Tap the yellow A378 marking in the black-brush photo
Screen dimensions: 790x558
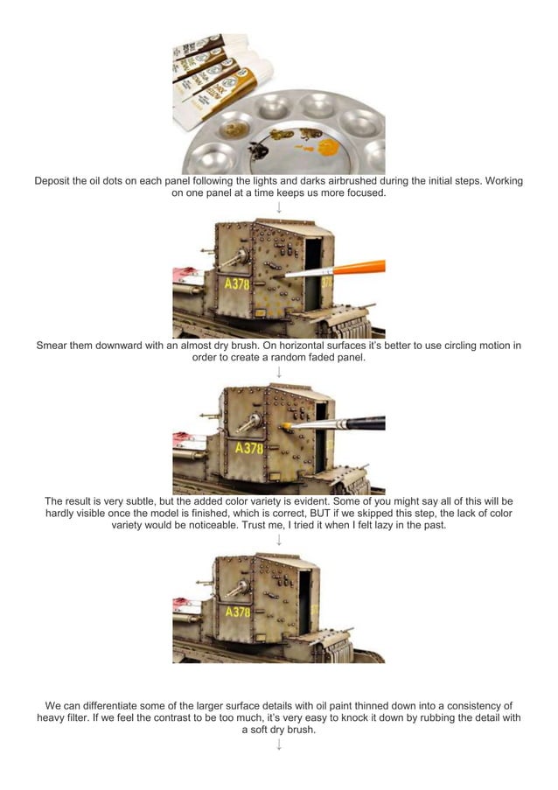click(x=248, y=449)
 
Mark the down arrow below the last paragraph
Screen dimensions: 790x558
click(x=279, y=745)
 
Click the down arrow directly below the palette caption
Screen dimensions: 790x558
click(x=279, y=208)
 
